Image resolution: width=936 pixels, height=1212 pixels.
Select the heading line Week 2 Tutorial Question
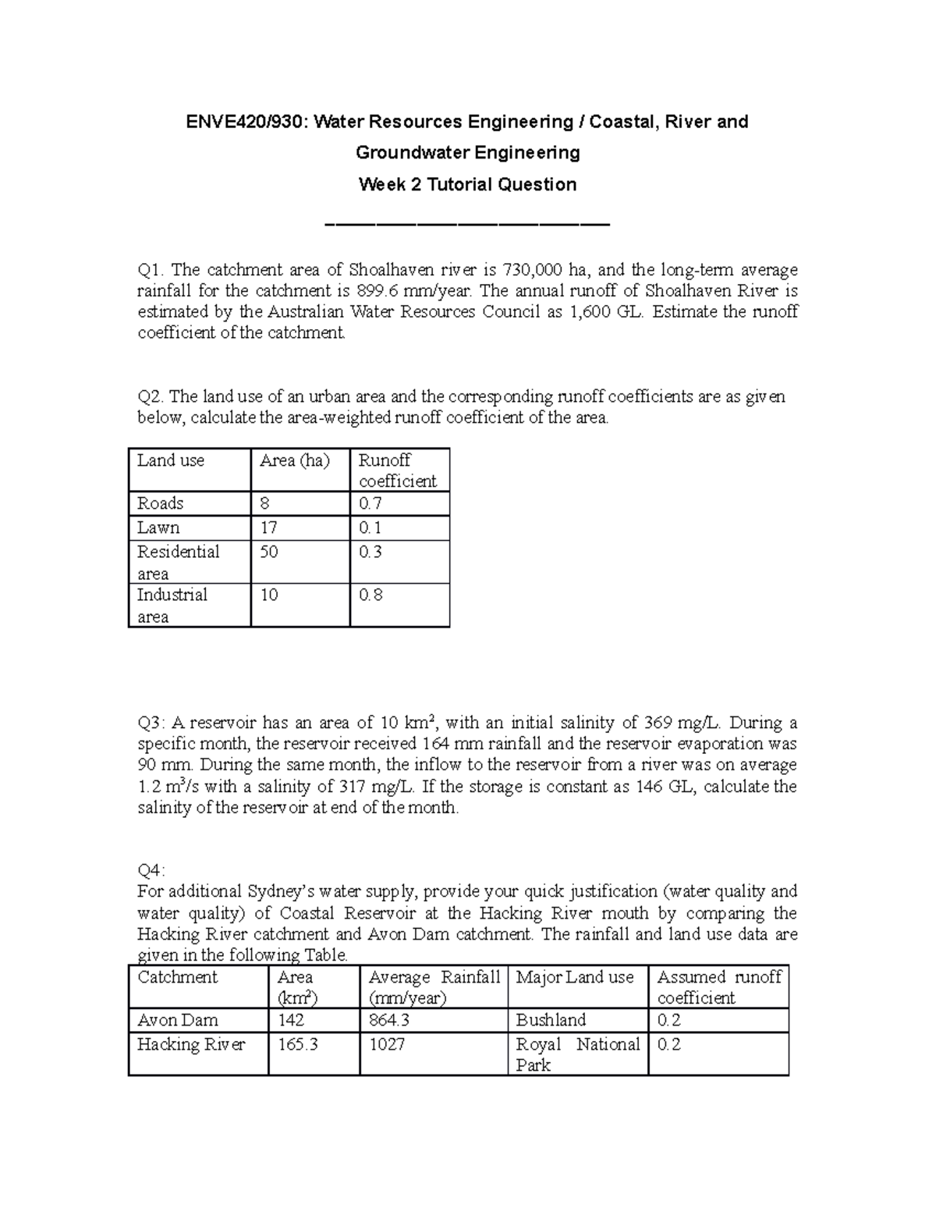pos(467,185)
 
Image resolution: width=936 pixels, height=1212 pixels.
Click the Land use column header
pos(171,460)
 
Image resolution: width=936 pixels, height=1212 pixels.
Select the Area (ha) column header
pos(294,460)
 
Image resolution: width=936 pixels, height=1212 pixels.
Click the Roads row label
pos(160,503)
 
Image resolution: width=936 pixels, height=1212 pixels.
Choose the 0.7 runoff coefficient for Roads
pos(370,503)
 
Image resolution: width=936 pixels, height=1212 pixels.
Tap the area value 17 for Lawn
pos(269,528)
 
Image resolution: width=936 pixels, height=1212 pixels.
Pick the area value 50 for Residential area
pos(269,552)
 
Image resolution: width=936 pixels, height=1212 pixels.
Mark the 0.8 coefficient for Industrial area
pos(370,595)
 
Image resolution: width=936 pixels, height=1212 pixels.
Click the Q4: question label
pos(151,870)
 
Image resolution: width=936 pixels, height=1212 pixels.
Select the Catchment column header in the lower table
pos(177,977)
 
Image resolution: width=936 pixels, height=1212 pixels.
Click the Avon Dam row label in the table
pos(177,1020)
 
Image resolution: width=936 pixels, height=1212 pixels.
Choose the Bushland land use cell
pos(551,1020)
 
